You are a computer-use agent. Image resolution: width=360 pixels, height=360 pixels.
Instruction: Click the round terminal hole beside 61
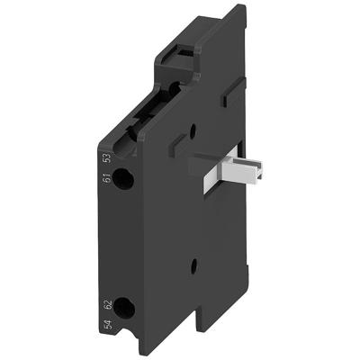pyautogui.click(x=126, y=179)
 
